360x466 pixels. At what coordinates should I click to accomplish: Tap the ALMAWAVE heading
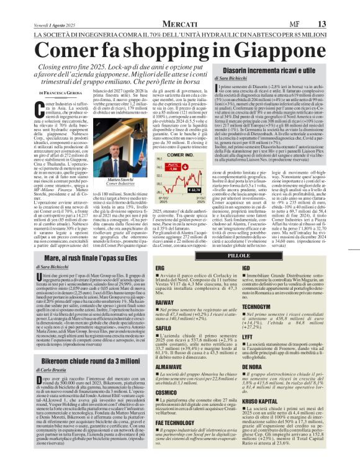[x=168, y=367]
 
